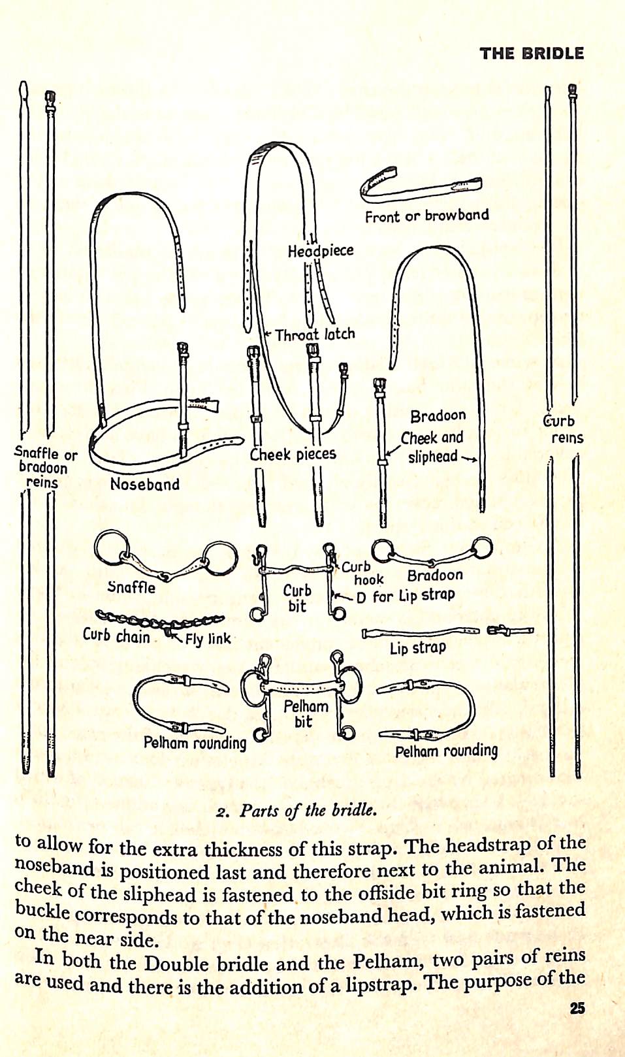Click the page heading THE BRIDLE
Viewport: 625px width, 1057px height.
[x=532, y=54]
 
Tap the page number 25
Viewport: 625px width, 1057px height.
[x=577, y=1008]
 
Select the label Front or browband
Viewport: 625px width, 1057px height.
[x=426, y=216]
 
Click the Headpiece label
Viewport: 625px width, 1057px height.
[x=321, y=251]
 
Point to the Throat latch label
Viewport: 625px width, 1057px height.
[x=315, y=334]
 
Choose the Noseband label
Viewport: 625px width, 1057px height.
[x=144, y=484]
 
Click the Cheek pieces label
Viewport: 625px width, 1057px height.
[x=293, y=454]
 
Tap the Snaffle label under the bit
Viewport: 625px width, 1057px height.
[x=131, y=587]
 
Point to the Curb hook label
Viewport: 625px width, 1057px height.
[x=362, y=573]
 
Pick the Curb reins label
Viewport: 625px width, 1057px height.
[x=560, y=429]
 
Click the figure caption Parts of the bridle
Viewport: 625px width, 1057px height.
[x=296, y=811]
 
